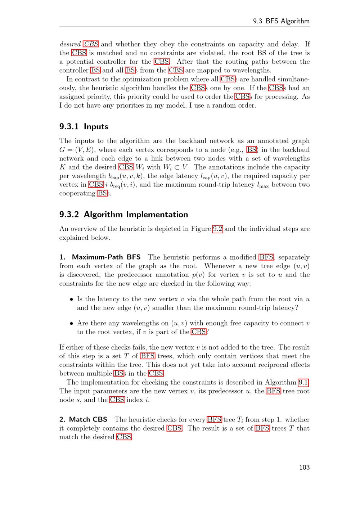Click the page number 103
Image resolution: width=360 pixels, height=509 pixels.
[304, 467]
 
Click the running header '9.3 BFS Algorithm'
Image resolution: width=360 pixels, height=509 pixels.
[281, 21]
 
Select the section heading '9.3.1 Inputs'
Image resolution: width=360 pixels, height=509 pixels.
[84, 127]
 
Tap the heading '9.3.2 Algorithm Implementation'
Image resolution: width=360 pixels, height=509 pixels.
[123, 215]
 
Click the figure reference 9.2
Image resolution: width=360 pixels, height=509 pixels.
[217, 229]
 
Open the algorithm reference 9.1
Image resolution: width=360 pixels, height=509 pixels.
[303, 382]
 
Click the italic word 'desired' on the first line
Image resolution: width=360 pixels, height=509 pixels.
[70, 44]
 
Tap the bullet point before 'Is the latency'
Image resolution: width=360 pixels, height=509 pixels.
[72, 299]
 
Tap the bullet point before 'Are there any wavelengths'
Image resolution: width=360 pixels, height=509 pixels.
[72, 324]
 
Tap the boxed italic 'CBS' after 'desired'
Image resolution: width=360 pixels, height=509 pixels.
[91, 44]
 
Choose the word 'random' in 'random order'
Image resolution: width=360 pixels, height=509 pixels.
[225, 105]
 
